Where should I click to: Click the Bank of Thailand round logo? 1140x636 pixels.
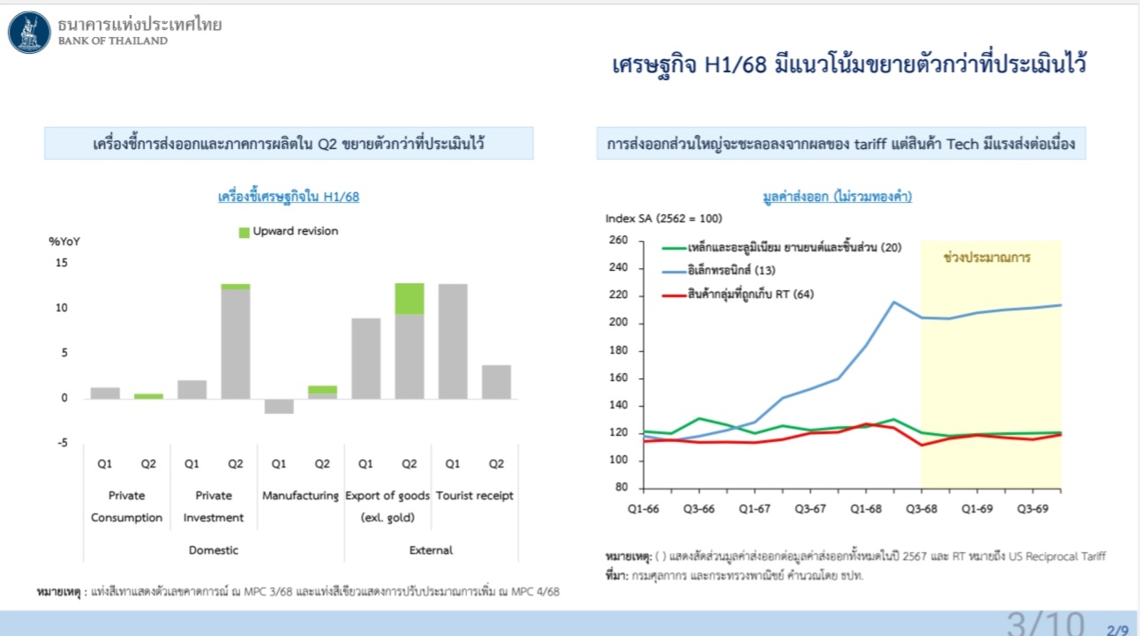[x=29, y=33]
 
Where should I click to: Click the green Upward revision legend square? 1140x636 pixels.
[x=244, y=233]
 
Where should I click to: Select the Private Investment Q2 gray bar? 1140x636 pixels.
[x=236, y=344]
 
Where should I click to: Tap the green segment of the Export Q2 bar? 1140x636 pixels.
[x=409, y=299]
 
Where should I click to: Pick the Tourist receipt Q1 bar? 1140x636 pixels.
[x=453, y=341]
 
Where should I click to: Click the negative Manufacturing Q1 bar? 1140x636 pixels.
[x=280, y=406]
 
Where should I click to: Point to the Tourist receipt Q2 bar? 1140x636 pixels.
[x=497, y=382]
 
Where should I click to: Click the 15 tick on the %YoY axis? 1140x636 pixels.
[x=62, y=263]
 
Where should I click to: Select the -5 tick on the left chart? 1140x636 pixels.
[x=62, y=443]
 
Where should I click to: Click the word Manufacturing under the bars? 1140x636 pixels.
[x=300, y=496]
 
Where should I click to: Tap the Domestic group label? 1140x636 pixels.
[x=214, y=550]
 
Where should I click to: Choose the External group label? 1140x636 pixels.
[x=431, y=550]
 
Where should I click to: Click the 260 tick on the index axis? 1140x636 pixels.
[x=619, y=240]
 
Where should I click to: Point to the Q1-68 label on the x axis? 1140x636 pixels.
[x=866, y=509]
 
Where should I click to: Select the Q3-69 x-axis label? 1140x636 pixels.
[x=1032, y=509]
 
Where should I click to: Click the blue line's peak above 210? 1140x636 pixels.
[x=894, y=303]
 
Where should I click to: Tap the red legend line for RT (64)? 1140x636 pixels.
[x=674, y=296]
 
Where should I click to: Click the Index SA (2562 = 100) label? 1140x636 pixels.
[x=664, y=218]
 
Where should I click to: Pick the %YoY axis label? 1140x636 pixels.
[x=64, y=241]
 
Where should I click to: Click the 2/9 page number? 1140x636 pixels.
[x=1117, y=630]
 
